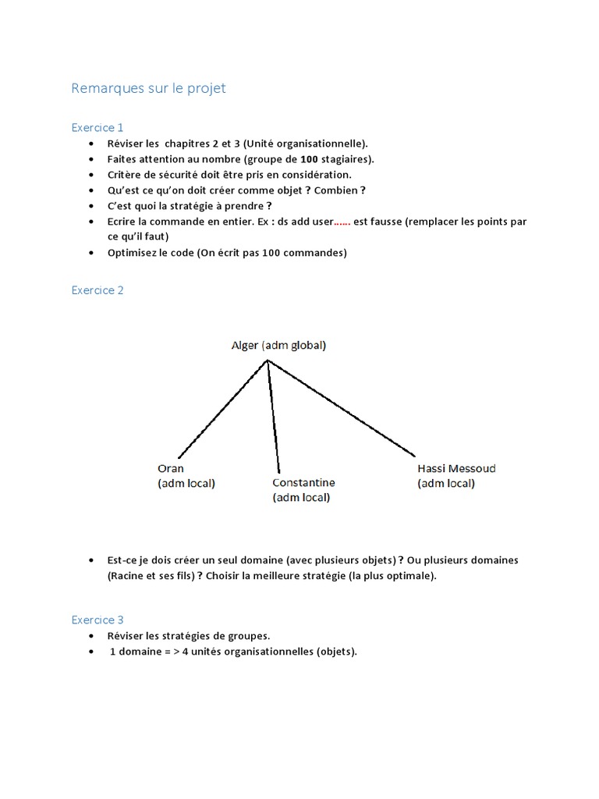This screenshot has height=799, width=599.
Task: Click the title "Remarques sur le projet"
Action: pyautogui.click(x=148, y=88)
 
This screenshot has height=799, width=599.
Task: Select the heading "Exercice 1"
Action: pyautogui.click(x=97, y=127)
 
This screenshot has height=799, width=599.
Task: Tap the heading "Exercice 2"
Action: pyautogui.click(x=97, y=290)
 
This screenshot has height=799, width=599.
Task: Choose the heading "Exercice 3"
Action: pyautogui.click(x=97, y=620)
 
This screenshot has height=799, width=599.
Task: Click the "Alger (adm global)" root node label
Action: pyautogui.click(x=278, y=346)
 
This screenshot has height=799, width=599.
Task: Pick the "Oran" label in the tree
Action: pyautogui.click(x=171, y=469)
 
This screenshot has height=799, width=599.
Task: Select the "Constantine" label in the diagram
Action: pyautogui.click(x=303, y=483)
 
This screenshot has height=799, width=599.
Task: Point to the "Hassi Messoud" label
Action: pyautogui.click(x=456, y=469)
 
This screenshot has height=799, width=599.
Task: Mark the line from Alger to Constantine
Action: pyautogui.click(x=273, y=414)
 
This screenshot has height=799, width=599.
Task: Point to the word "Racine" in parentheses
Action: pyautogui.click(x=128, y=576)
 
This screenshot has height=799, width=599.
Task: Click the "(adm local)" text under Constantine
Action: pyautogui.click(x=301, y=498)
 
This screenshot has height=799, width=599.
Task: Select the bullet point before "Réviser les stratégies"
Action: pyautogui.click(x=93, y=636)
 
